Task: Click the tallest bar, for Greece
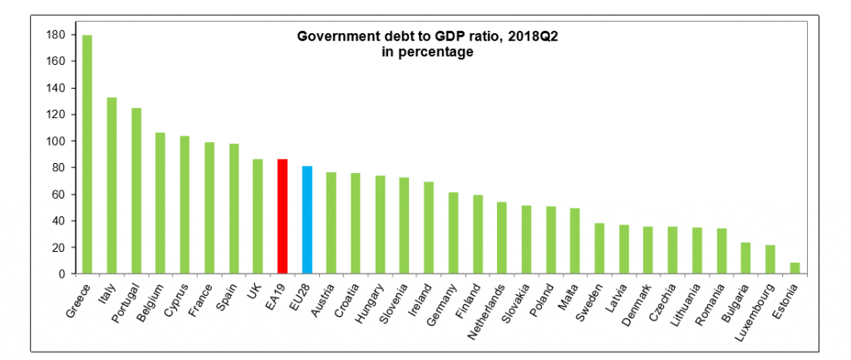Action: point(86,155)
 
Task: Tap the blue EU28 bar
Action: point(307,220)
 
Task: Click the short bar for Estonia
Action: point(795,268)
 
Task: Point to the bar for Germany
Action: point(453,233)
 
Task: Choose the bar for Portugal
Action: point(135,190)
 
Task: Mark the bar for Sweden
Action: point(599,248)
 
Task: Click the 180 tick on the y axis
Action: point(56,35)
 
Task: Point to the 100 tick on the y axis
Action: point(56,141)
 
